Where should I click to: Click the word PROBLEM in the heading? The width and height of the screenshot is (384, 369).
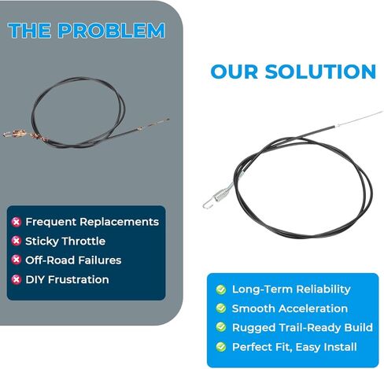click(x=112, y=31)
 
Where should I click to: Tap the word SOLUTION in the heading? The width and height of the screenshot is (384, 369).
click(x=320, y=72)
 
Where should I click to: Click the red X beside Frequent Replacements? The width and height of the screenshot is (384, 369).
click(x=17, y=222)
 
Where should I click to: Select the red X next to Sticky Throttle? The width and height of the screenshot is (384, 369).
click(x=17, y=241)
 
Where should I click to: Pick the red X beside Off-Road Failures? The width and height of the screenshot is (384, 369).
click(x=17, y=260)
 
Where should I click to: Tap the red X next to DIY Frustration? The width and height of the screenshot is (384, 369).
click(x=17, y=279)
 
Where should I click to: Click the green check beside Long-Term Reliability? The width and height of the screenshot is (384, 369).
click(x=221, y=290)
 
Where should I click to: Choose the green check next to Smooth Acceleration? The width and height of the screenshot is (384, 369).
click(x=221, y=308)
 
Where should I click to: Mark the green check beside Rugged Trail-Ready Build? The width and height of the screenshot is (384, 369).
click(x=221, y=327)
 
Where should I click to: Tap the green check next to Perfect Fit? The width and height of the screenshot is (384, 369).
click(x=221, y=347)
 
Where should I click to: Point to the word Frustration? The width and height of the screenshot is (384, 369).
click(x=79, y=279)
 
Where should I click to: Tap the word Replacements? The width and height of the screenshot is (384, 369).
click(x=120, y=222)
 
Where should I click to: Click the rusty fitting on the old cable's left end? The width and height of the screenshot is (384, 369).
click(x=17, y=134)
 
